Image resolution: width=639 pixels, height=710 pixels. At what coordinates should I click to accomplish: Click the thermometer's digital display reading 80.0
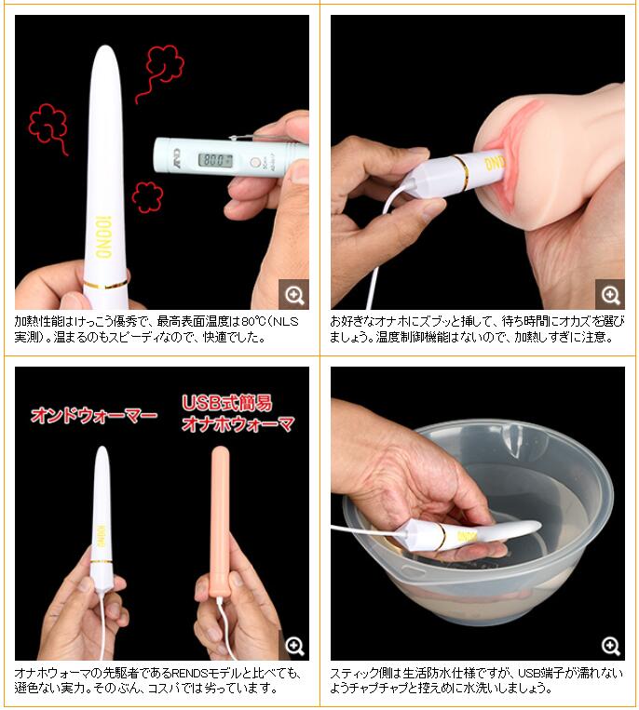coord(216,160)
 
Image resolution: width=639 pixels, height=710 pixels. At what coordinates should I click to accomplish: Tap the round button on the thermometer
coord(254,162)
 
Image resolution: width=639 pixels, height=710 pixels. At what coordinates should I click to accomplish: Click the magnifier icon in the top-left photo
coord(294,295)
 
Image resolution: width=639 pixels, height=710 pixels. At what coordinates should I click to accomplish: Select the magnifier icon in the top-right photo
coord(610,295)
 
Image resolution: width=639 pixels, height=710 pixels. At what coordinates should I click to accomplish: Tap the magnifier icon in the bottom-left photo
coord(294,646)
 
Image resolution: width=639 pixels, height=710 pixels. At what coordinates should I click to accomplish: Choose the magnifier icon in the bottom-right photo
coord(610,646)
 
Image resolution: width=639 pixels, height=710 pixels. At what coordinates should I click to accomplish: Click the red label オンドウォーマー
coord(94,415)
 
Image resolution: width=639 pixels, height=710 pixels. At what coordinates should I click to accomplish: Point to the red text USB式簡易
coord(227,403)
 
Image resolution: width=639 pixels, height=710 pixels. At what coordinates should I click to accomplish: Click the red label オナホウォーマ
coord(238,424)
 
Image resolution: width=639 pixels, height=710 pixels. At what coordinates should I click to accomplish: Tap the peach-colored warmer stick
coord(221,521)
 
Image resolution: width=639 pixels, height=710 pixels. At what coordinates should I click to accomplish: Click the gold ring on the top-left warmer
coord(106,285)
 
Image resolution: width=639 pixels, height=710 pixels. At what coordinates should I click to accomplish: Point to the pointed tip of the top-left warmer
coord(105,47)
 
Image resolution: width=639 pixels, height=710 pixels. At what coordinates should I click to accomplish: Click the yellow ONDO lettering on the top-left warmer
coord(103,236)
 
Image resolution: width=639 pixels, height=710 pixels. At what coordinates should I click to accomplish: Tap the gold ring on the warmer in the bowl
coord(442,536)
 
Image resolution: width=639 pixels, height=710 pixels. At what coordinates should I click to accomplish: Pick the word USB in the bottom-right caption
coord(529,674)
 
